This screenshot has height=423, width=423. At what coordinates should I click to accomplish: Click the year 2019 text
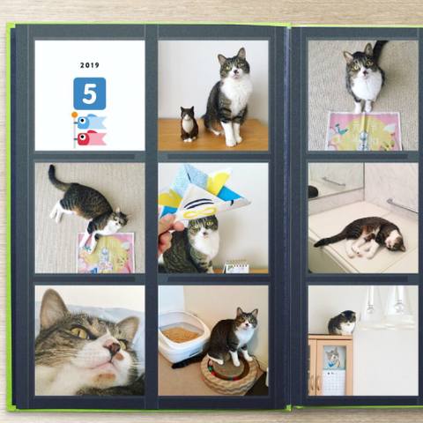point(90,65)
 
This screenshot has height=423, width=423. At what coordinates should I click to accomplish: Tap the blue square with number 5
point(90,93)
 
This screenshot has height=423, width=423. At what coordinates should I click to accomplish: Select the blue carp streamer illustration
point(91,122)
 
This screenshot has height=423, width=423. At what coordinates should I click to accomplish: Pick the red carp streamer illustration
point(92,138)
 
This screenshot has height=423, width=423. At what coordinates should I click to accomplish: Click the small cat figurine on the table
point(189,124)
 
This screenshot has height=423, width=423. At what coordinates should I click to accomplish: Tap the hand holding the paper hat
point(170,232)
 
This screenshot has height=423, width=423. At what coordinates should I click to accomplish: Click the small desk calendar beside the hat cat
point(236,267)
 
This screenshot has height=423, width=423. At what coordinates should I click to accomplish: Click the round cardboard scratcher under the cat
point(230,372)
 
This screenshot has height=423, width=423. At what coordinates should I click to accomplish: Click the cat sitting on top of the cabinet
point(342,323)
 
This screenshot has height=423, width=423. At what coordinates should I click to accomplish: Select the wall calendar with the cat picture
point(334,370)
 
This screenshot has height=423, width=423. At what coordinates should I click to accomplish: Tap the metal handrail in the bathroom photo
point(402,205)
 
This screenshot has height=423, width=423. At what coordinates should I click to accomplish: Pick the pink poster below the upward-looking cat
point(364,131)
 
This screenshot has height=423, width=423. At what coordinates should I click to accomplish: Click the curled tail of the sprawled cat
point(56,178)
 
